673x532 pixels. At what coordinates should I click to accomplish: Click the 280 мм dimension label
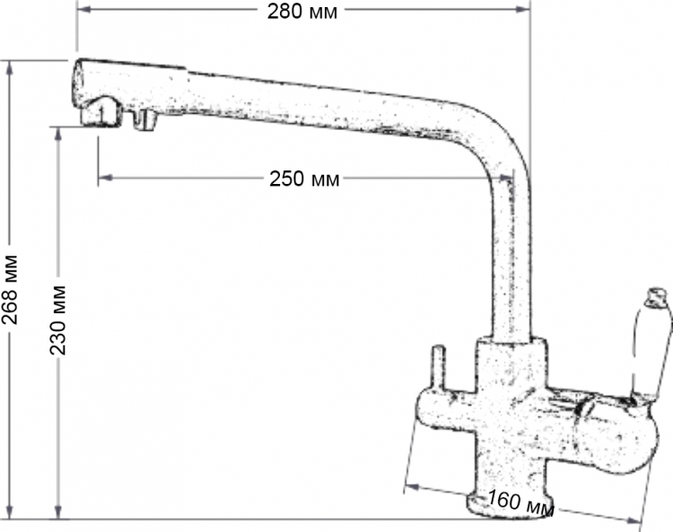(x=302, y=12)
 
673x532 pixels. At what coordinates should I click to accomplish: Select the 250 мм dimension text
(x=304, y=179)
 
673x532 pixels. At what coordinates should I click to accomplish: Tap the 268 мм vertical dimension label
(x=10, y=290)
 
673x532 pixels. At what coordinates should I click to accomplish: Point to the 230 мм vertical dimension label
(x=58, y=319)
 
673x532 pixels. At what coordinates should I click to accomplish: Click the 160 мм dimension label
(x=521, y=502)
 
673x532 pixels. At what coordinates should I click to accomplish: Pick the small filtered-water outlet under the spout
(x=144, y=119)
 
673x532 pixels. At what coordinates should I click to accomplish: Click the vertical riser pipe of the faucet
(x=511, y=257)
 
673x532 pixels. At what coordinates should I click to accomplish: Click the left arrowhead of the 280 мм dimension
(x=84, y=9)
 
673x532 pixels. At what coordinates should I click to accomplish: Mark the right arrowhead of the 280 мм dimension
(x=523, y=9)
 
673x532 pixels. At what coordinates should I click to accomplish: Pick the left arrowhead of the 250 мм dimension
(x=106, y=178)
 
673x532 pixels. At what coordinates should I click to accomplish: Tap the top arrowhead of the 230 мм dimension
(x=59, y=135)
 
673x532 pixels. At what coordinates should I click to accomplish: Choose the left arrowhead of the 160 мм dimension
(x=412, y=486)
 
